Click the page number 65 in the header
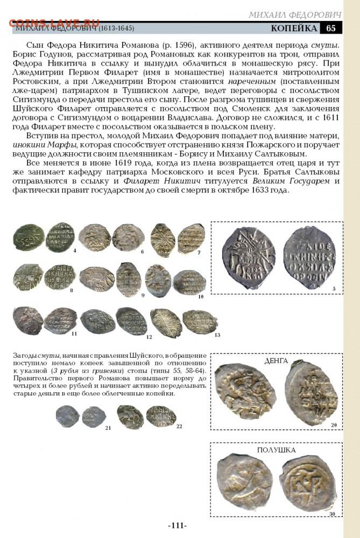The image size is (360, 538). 331,28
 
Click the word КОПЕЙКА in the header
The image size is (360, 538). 293,28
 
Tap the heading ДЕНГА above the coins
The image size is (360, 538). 276,360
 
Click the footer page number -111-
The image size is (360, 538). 177,526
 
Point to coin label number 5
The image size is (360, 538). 334,289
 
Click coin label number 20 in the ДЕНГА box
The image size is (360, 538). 334,425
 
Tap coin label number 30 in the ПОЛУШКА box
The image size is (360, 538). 333,514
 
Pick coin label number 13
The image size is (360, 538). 217,335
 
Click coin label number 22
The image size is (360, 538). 179,426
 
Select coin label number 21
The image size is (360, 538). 108,428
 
